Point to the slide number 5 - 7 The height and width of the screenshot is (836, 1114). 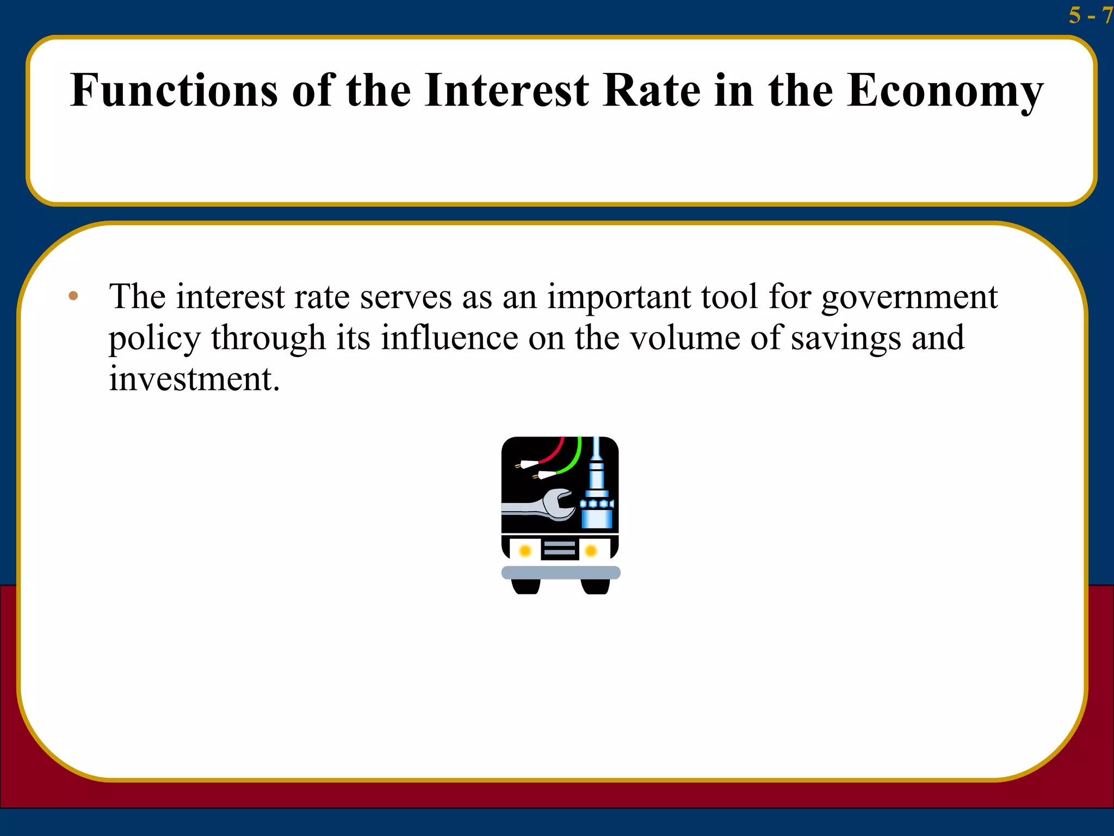click(1090, 15)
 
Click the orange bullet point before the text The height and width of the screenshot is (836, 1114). click(73, 297)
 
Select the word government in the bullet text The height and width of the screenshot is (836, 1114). click(909, 298)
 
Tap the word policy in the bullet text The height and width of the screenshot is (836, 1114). click(154, 339)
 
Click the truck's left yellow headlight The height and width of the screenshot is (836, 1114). click(525, 551)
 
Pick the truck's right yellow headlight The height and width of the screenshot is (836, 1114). click(591, 551)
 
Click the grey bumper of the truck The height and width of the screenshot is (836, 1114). click(560, 572)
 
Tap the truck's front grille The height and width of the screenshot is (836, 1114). click(559, 549)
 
